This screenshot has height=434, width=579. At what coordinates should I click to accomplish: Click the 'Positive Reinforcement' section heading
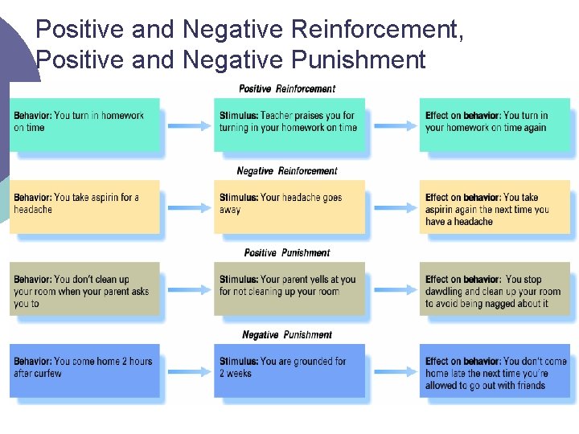tap(287, 88)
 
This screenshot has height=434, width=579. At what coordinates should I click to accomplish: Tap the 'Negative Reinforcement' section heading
tap(287, 170)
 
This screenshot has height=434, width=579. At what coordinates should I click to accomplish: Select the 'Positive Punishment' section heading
tap(287, 252)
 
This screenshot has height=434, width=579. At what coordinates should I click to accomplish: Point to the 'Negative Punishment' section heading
tap(287, 334)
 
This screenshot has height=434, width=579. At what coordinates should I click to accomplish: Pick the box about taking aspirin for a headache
tap(84, 207)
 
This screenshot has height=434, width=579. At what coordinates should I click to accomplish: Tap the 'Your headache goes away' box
tap(289, 207)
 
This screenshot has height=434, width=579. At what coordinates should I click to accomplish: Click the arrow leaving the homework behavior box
tap(187, 125)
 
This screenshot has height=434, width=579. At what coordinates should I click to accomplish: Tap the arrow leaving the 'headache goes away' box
tap(392, 207)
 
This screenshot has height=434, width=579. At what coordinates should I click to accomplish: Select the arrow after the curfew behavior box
tap(187, 371)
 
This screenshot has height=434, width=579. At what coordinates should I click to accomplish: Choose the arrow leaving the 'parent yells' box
tap(392, 289)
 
